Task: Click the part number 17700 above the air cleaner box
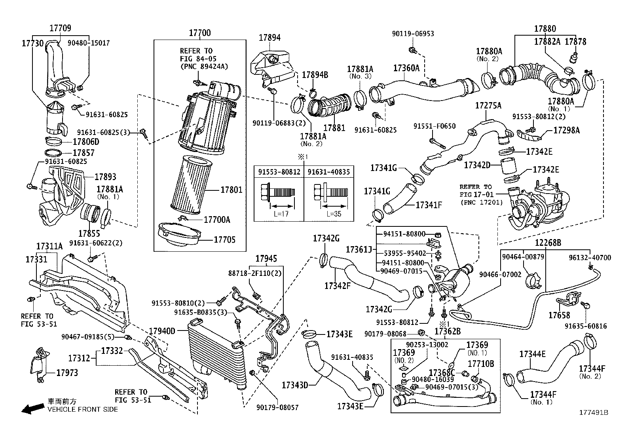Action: click(199, 33)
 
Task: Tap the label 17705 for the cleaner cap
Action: click(224, 240)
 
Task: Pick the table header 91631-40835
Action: click(329, 172)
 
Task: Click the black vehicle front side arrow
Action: click(32, 408)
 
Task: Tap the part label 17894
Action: click(269, 38)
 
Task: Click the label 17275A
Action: click(488, 106)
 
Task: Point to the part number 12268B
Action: click(548, 243)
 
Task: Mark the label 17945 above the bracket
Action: click(266, 259)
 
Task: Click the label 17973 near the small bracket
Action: click(67, 372)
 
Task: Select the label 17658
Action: click(559, 315)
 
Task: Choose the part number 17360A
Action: click(406, 68)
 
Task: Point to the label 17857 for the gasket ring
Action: click(84, 153)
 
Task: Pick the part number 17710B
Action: click(481, 363)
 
